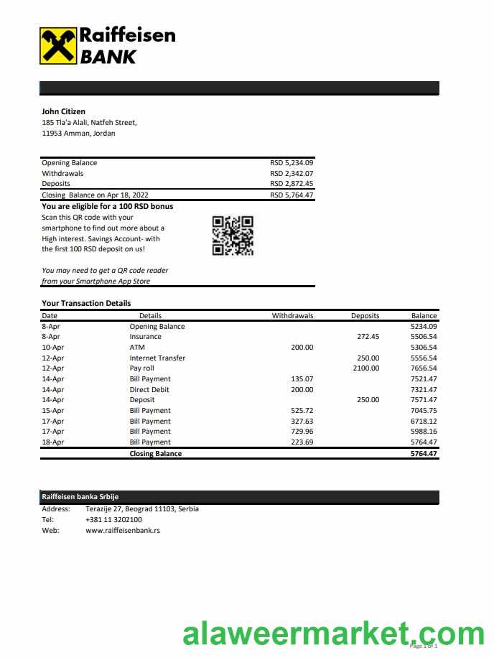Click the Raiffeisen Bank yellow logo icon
point(58,46)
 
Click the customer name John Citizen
point(63,111)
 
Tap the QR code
point(233,236)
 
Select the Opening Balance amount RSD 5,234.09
point(292,163)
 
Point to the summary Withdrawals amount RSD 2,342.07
point(292,173)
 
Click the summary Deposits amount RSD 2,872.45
point(292,184)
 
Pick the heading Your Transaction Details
point(86,303)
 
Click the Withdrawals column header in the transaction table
point(292,315)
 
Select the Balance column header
point(424,315)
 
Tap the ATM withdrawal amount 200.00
point(302,348)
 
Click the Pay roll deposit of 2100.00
point(365,368)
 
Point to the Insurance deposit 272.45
point(368,337)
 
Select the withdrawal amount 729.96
point(302,432)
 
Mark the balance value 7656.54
point(424,368)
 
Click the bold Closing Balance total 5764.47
point(424,454)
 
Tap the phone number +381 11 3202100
point(113,519)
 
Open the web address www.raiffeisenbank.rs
point(122,530)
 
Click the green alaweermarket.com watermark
point(334,635)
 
